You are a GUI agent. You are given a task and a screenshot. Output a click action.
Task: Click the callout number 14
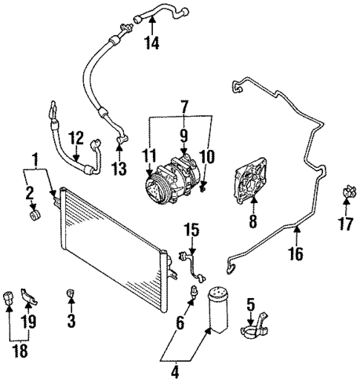[152, 42]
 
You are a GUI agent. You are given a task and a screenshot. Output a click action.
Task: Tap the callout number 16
[295, 254]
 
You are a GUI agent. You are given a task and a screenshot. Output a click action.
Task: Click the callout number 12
[76, 137]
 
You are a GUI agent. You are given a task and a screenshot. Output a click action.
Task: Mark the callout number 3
[72, 320]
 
